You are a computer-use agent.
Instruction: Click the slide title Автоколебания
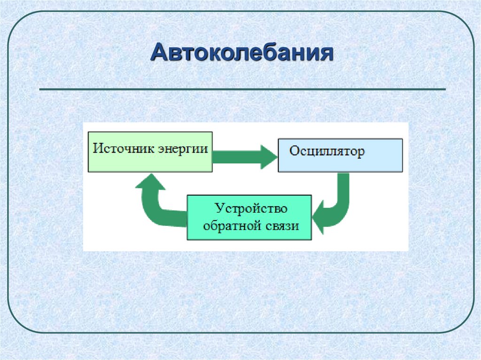pyautogui.click(x=242, y=53)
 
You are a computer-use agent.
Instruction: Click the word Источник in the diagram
pyautogui.click(x=119, y=149)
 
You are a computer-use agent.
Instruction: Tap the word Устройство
pyautogui.click(x=251, y=208)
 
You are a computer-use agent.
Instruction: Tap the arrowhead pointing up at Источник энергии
pyautogui.click(x=150, y=181)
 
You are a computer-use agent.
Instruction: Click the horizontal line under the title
pyautogui.click(x=242, y=89)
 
